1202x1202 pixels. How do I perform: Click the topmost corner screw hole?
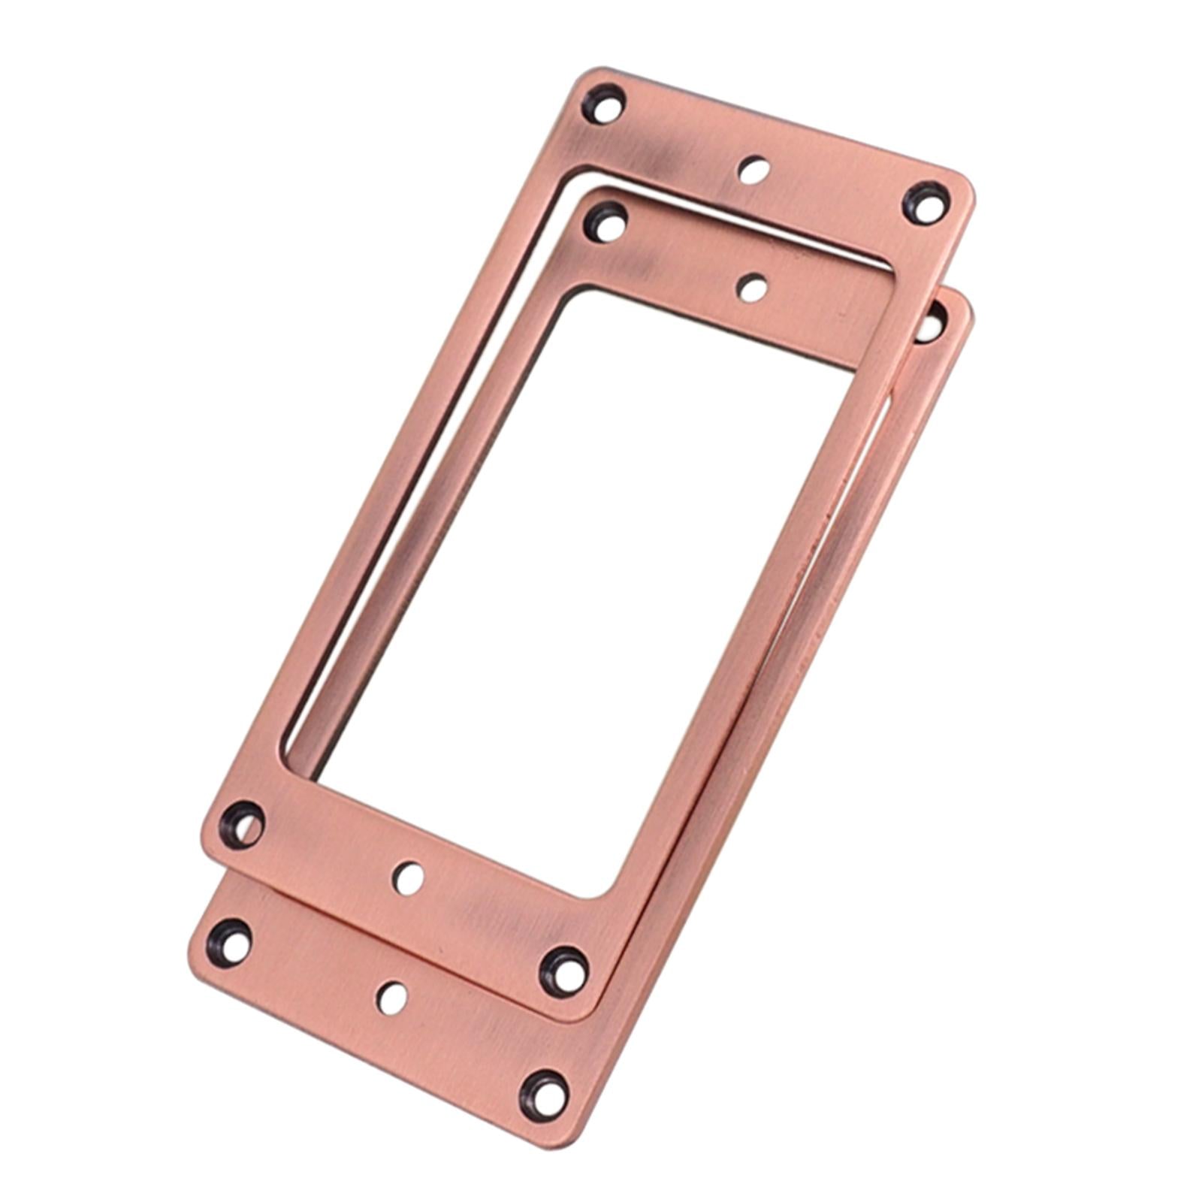603,104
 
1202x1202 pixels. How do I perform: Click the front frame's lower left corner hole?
241,824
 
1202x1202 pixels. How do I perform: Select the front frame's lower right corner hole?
564,971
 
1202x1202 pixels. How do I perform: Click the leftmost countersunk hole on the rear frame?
229,941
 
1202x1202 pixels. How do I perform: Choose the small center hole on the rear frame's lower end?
392,998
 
